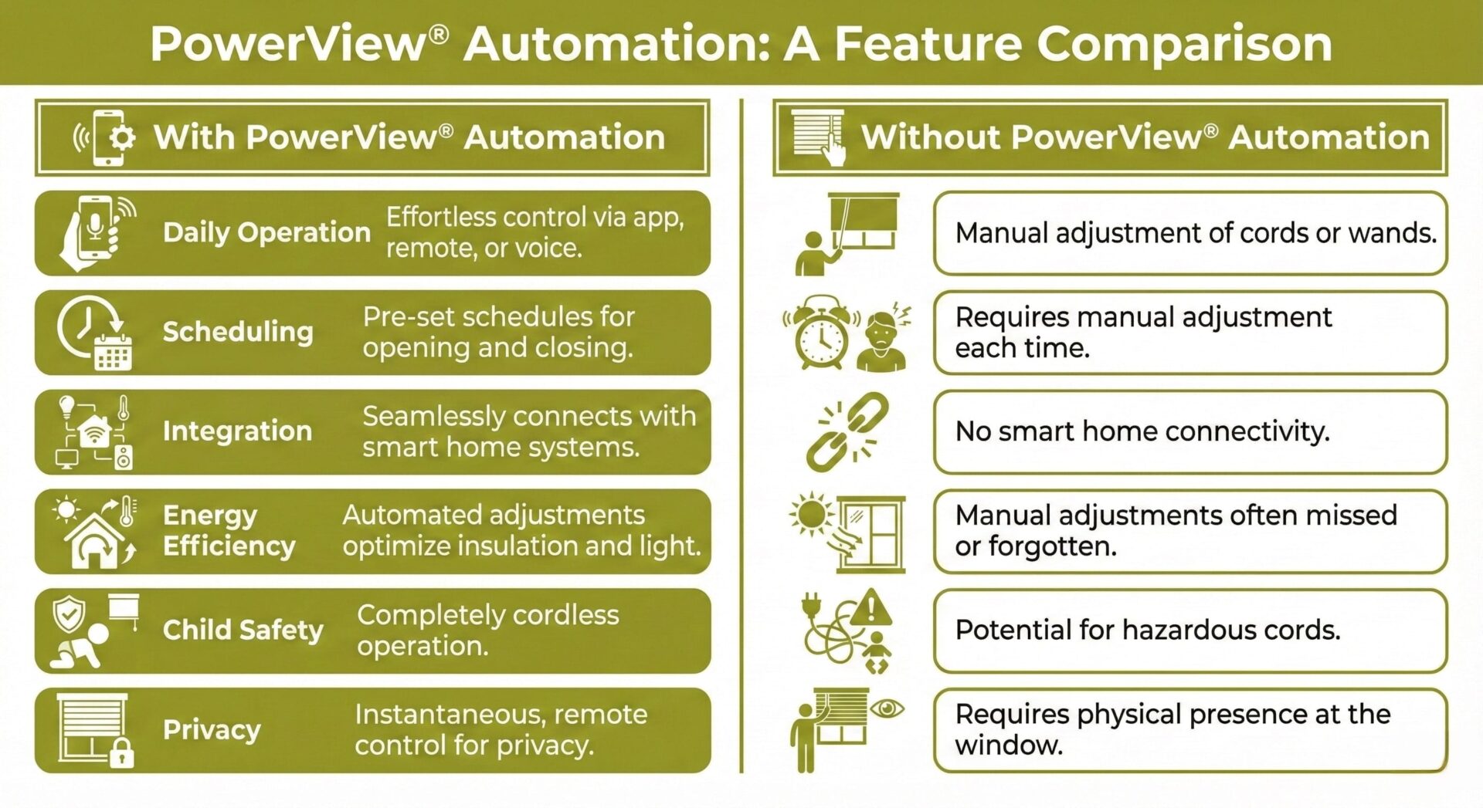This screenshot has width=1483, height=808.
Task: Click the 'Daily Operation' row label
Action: [x=266, y=232]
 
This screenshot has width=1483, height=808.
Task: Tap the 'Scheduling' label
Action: [x=238, y=332]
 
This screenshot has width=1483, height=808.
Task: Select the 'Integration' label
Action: [x=237, y=431]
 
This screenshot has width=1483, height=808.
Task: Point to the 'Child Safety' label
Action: [x=243, y=630]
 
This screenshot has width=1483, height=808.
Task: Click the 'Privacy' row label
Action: [x=212, y=729]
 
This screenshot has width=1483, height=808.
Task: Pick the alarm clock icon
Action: [x=820, y=333]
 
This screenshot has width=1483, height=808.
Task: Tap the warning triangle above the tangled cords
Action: [x=871, y=609]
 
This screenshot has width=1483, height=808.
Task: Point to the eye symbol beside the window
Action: [x=887, y=708]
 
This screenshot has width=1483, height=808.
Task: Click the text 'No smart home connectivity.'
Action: [x=1142, y=431]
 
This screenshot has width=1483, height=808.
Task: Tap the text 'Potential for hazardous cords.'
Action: [x=1147, y=630]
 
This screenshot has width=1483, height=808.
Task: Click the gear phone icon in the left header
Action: [x=106, y=137]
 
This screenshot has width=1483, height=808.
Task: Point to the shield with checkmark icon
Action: [x=69, y=615]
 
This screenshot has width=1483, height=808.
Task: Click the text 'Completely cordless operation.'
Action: [x=487, y=630]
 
